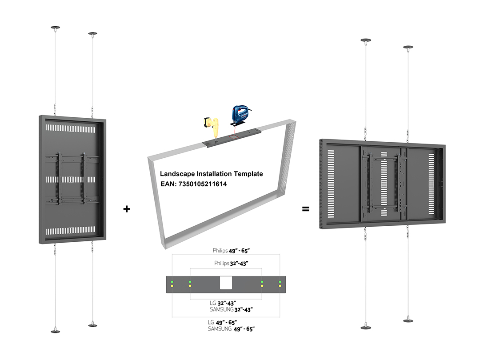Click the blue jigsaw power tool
pos(240,115)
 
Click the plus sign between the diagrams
pos(127,209)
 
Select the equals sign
pos(305,209)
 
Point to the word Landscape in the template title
pos(177,174)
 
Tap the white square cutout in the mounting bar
pos(226,283)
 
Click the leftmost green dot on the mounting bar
pos(172,282)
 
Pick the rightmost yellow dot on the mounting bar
pos(280,286)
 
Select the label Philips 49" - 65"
pos(231,251)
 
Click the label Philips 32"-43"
pos(231,263)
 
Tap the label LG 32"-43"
pos(223,304)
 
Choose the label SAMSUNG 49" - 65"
pos(231,329)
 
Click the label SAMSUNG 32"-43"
pos(231,309)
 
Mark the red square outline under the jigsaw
pos(234,136)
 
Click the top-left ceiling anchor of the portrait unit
pos(56,28)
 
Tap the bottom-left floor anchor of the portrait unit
pos(56,331)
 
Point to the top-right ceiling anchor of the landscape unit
pos(408,47)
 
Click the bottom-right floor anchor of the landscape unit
pos(408,320)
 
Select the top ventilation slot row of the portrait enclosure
pos(71,128)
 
